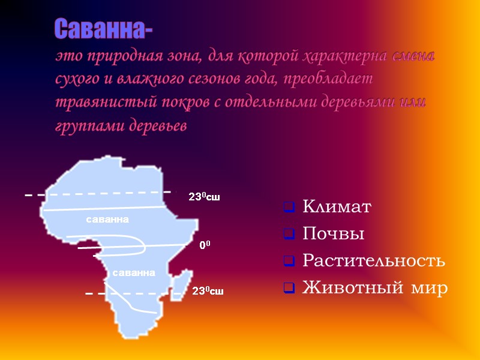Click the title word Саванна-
click(x=103, y=28)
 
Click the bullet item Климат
click(x=337, y=208)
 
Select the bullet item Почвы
click(x=334, y=235)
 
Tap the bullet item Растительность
click(x=373, y=262)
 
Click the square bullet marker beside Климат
click(x=289, y=209)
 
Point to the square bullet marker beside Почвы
click(x=289, y=235)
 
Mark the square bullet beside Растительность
click(x=289, y=262)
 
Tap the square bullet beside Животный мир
click(x=289, y=289)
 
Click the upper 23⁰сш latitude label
click(x=204, y=197)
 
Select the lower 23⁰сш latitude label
click(x=208, y=292)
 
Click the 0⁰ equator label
click(x=205, y=245)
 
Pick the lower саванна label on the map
click(x=134, y=273)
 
